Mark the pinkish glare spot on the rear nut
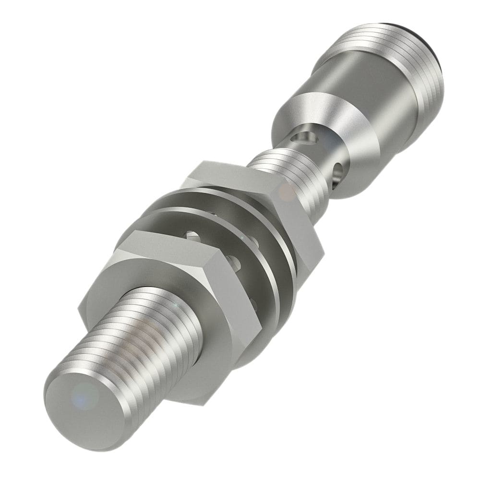(287, 192)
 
